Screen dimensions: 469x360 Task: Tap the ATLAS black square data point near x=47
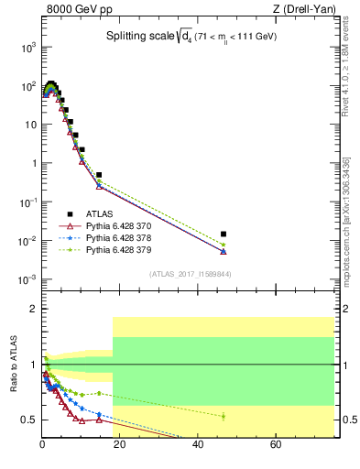(224, 234)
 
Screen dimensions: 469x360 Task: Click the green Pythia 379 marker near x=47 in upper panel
(224, 245)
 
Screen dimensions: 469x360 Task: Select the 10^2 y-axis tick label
(27, 86)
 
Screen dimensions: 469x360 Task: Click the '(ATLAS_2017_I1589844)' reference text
(191, 274)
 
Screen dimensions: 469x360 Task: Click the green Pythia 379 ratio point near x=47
(224, 416)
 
